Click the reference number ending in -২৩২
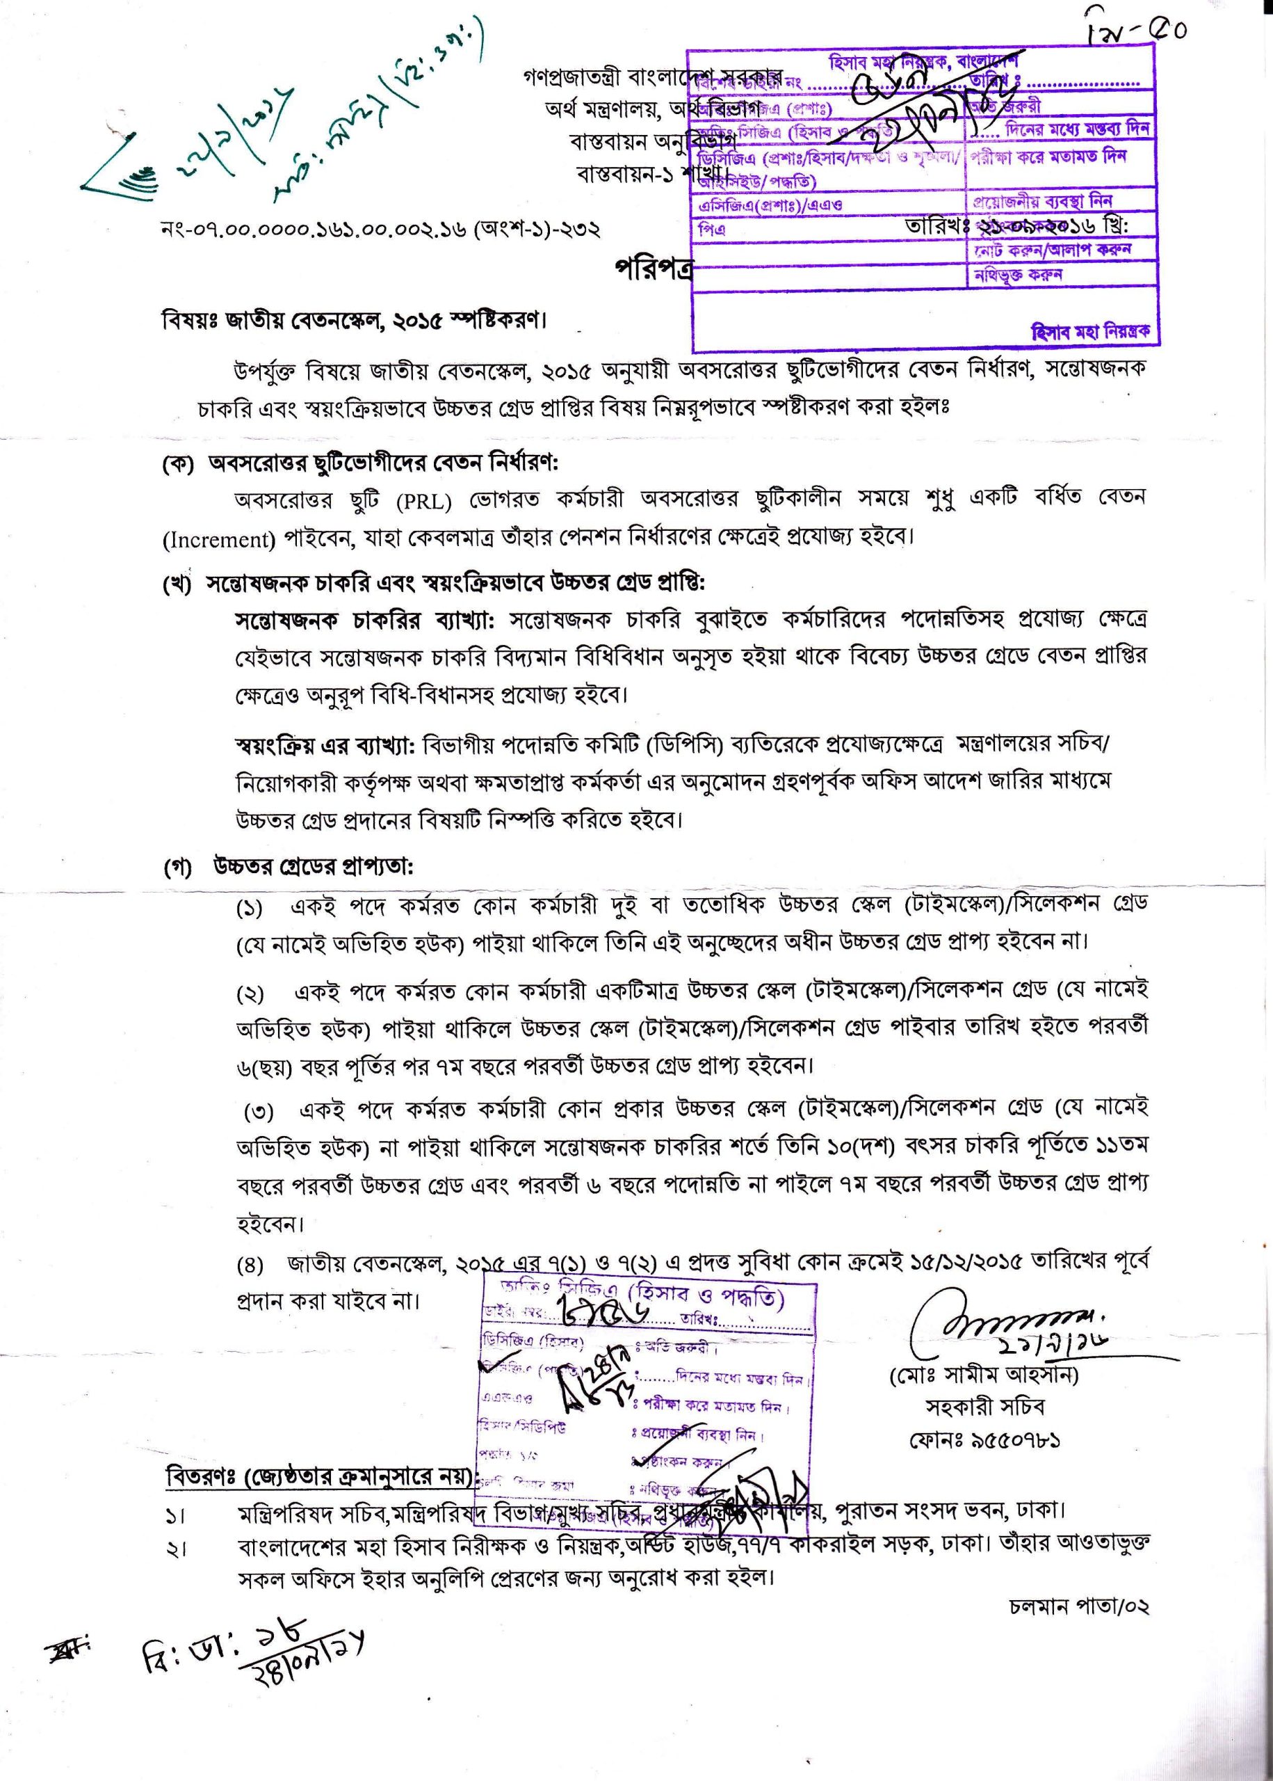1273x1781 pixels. point(380,230)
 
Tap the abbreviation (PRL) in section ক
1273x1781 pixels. point(423,500)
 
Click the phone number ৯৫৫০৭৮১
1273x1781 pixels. point(985,1441)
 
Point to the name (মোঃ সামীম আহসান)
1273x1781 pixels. point(984,1375)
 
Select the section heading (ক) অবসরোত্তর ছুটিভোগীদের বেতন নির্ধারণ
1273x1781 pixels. point(359,463)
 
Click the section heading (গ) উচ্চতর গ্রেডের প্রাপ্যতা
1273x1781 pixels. point(288,868)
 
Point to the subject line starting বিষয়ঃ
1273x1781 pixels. point(352,321)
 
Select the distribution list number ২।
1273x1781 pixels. point(176,1549)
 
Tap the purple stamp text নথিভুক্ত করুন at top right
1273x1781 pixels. point(1019,275)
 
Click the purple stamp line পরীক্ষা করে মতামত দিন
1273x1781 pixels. point(1048,156)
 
